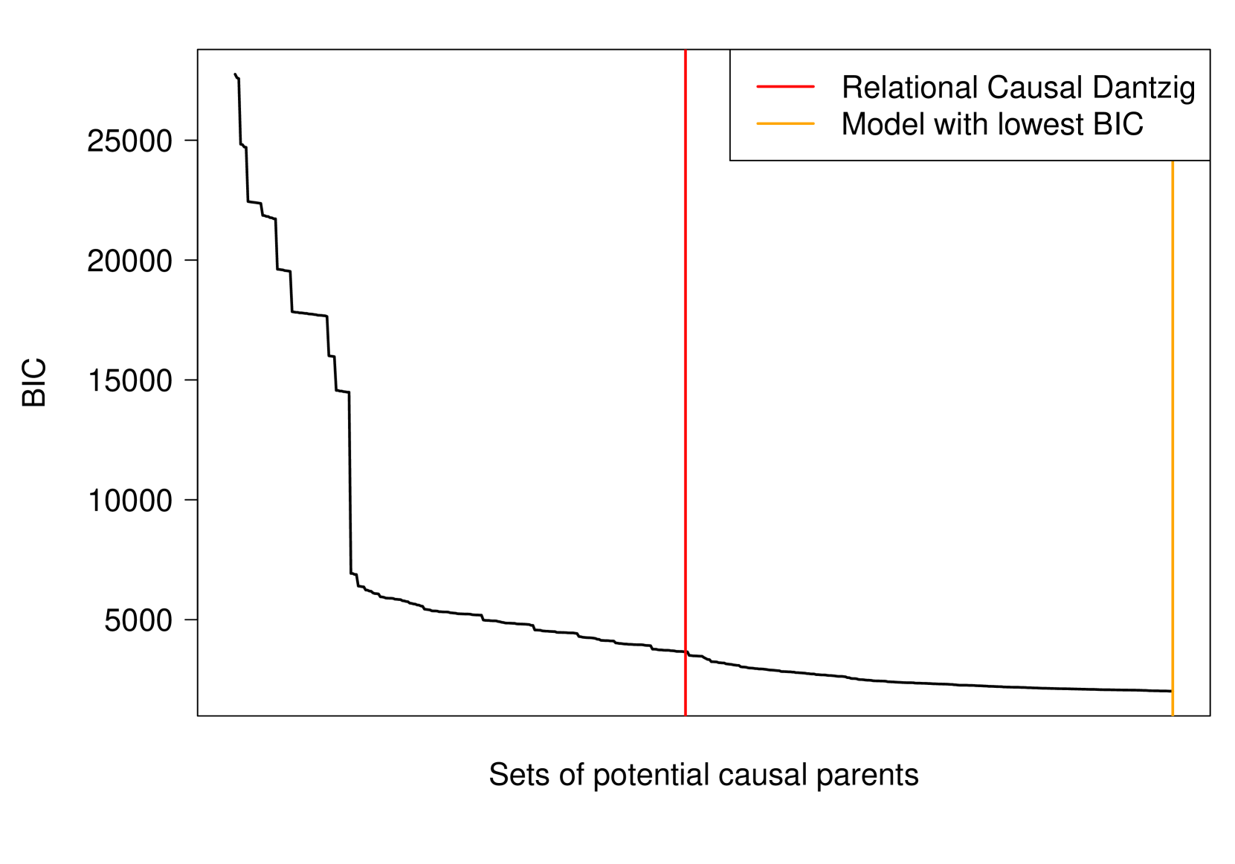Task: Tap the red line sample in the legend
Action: (x=785, y=87)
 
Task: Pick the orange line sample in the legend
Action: (x=785, y=123)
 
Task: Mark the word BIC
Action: (x=1118, y=124)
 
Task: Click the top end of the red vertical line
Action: (x=685, y=51)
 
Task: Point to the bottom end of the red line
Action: (x=685, y=714)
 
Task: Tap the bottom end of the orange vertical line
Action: (x=1173, y=714)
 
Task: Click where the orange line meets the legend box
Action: (x=1173, y=160)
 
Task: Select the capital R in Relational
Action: (x=851, y=88)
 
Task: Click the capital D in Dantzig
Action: (x=1103, y=88)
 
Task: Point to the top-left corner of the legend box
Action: (x=732, y=51)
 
